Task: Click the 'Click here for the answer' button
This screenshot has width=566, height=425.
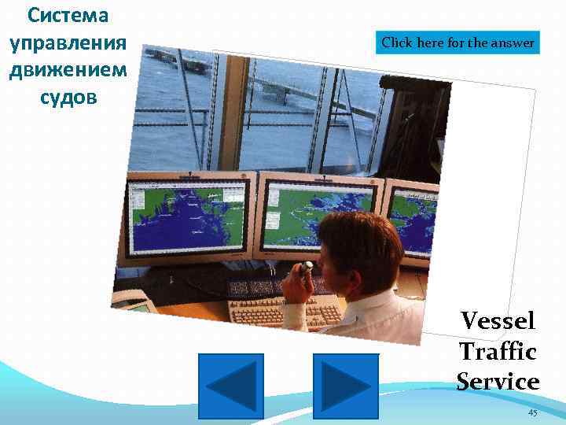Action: pos(459,42)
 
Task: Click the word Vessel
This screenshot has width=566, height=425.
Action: pos(498,321)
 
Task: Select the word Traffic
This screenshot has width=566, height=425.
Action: pos(498,351)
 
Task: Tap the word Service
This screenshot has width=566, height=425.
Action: pos(498,382)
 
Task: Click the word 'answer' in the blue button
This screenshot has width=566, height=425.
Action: pos(514,42)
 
